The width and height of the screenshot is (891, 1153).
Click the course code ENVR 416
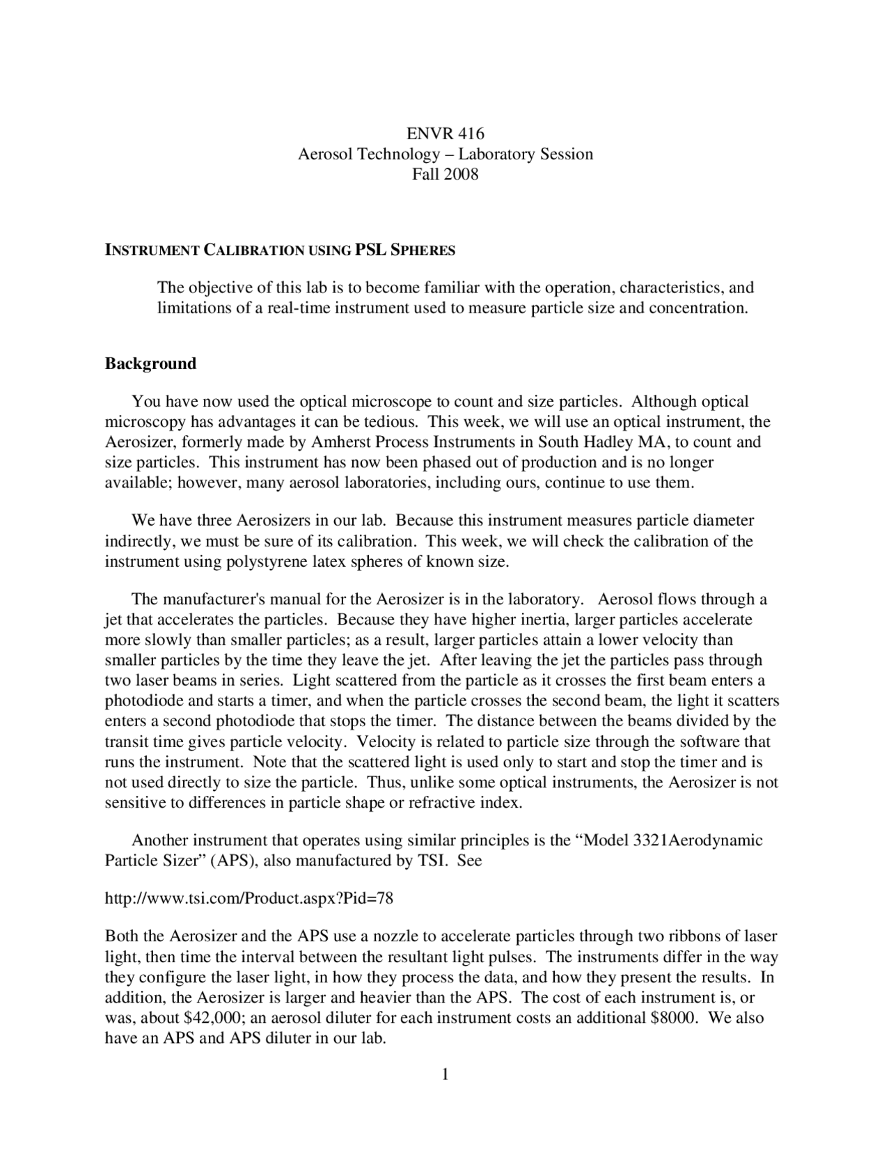445,134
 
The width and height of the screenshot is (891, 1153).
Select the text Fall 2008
445,174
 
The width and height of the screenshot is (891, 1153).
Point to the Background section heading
150,363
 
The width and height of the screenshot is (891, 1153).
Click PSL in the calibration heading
371,250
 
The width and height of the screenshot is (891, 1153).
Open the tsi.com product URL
249,899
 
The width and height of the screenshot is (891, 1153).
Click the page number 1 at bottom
445,1075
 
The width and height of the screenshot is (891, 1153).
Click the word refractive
443,803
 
